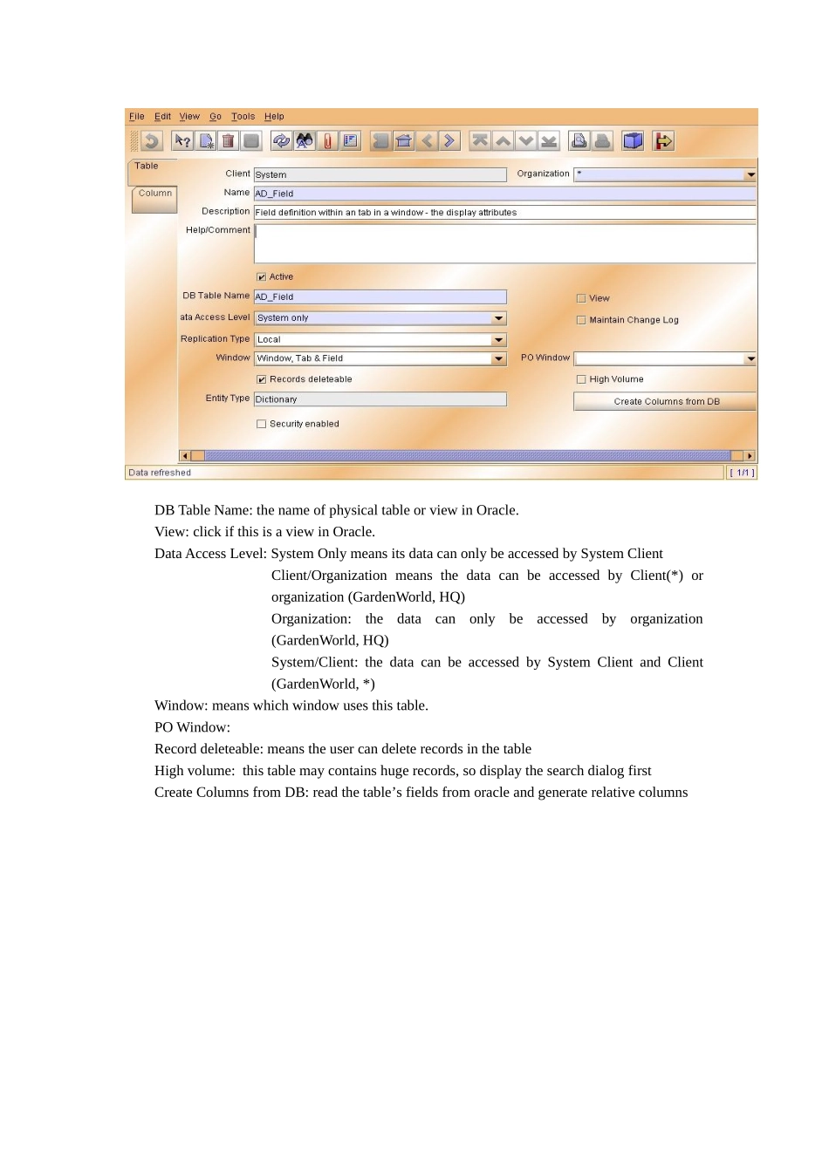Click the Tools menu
click(243, 116)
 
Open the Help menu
click(274, 116)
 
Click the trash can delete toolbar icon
click(228, 141)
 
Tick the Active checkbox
click(261, 277)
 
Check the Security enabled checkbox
click(261, 425)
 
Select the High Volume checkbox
click(581, 379)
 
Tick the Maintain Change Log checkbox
click(581, 320)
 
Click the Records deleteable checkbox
click(261, 379)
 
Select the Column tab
click(154, 194)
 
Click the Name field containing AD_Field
click(504, 194)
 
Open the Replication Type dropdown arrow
click(499, 340)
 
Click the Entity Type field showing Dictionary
click(380, 399)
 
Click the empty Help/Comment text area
click(504, 244)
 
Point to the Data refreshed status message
click(160, 473)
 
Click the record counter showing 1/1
click(742, 473)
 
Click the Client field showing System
click(380, 175)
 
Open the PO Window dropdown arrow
click(750, 358)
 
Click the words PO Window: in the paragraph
click(192, 727)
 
